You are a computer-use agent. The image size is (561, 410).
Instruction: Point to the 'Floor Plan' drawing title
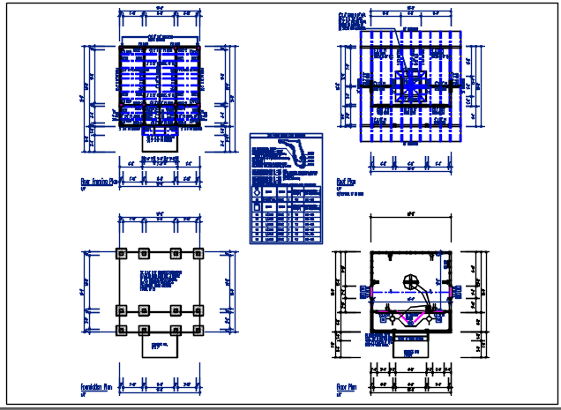[346, 386]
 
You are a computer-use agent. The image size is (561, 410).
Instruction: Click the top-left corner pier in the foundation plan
[122, 252]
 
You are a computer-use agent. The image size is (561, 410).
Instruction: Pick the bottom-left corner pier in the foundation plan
[122, 330]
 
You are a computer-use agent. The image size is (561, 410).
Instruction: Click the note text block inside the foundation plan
[160, 282]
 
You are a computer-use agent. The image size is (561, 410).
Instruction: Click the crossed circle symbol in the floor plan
[409, 282]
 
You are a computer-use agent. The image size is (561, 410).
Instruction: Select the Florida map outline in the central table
[301, 158]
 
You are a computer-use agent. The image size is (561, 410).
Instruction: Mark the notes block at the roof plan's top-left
[352, 21]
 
